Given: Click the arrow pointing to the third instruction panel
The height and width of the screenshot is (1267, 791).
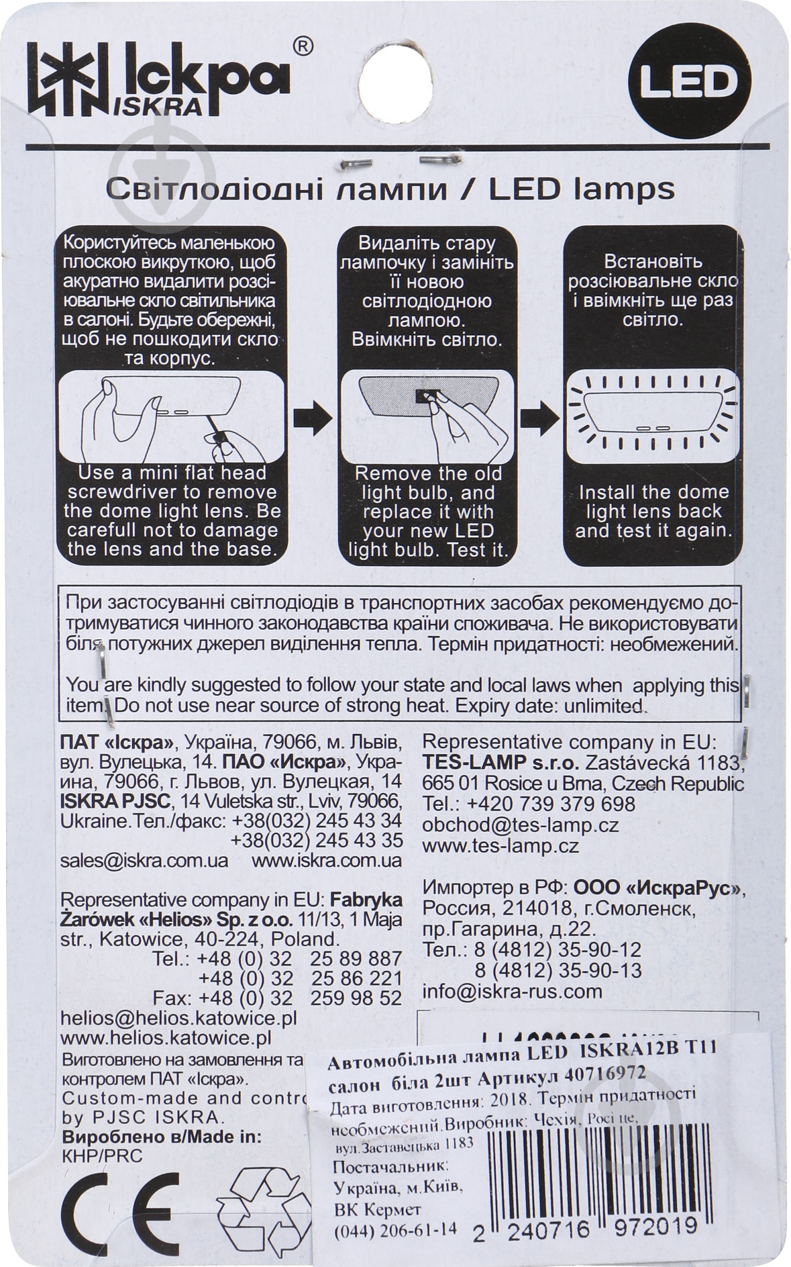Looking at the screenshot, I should tap(540, 420).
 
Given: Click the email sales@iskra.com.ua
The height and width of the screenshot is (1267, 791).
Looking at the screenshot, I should tap(144, 860).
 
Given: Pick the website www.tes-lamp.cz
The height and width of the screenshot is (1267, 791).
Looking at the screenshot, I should tap(500, 846).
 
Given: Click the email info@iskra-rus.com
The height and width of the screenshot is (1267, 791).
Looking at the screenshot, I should tap(512, 991).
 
